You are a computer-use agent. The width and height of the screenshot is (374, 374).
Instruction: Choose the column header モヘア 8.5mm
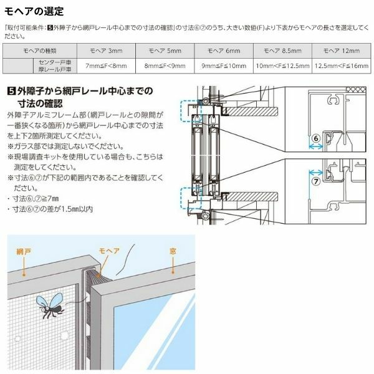(x=278, y=50)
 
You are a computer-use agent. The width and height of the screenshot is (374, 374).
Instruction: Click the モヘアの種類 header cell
(x=40, y=50)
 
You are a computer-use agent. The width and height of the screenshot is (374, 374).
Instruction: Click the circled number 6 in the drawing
(x=315, y=138)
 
